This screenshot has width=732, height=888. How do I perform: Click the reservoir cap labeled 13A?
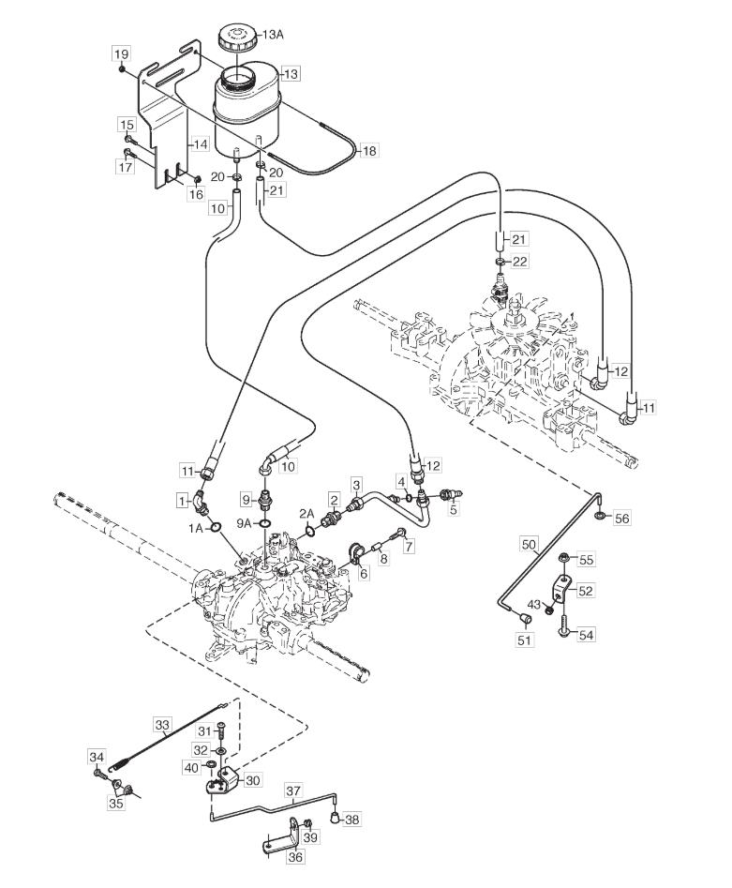(237, 38)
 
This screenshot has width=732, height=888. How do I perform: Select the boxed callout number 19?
(121, 54)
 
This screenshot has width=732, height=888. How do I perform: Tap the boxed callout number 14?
(200, 145)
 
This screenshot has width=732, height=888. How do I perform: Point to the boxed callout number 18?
(369, 151)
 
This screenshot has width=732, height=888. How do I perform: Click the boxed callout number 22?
(519, 261)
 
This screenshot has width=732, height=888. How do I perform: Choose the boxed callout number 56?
(621, 519)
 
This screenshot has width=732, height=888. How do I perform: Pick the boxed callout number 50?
(529, 545)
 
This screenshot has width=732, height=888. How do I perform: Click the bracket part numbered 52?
(561, 588)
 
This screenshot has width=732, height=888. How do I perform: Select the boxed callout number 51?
(524, 640)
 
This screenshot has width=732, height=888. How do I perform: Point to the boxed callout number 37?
(293, 790)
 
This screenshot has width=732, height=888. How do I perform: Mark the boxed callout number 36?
(295, 857)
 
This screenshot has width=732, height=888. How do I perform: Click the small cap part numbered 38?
(336, 818)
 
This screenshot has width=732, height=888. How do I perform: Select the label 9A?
(244, 524)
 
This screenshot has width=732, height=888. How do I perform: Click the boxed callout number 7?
(408, 546)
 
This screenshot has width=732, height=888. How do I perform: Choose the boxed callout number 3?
(356, 485)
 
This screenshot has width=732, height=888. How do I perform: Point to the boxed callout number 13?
(291, 74)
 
